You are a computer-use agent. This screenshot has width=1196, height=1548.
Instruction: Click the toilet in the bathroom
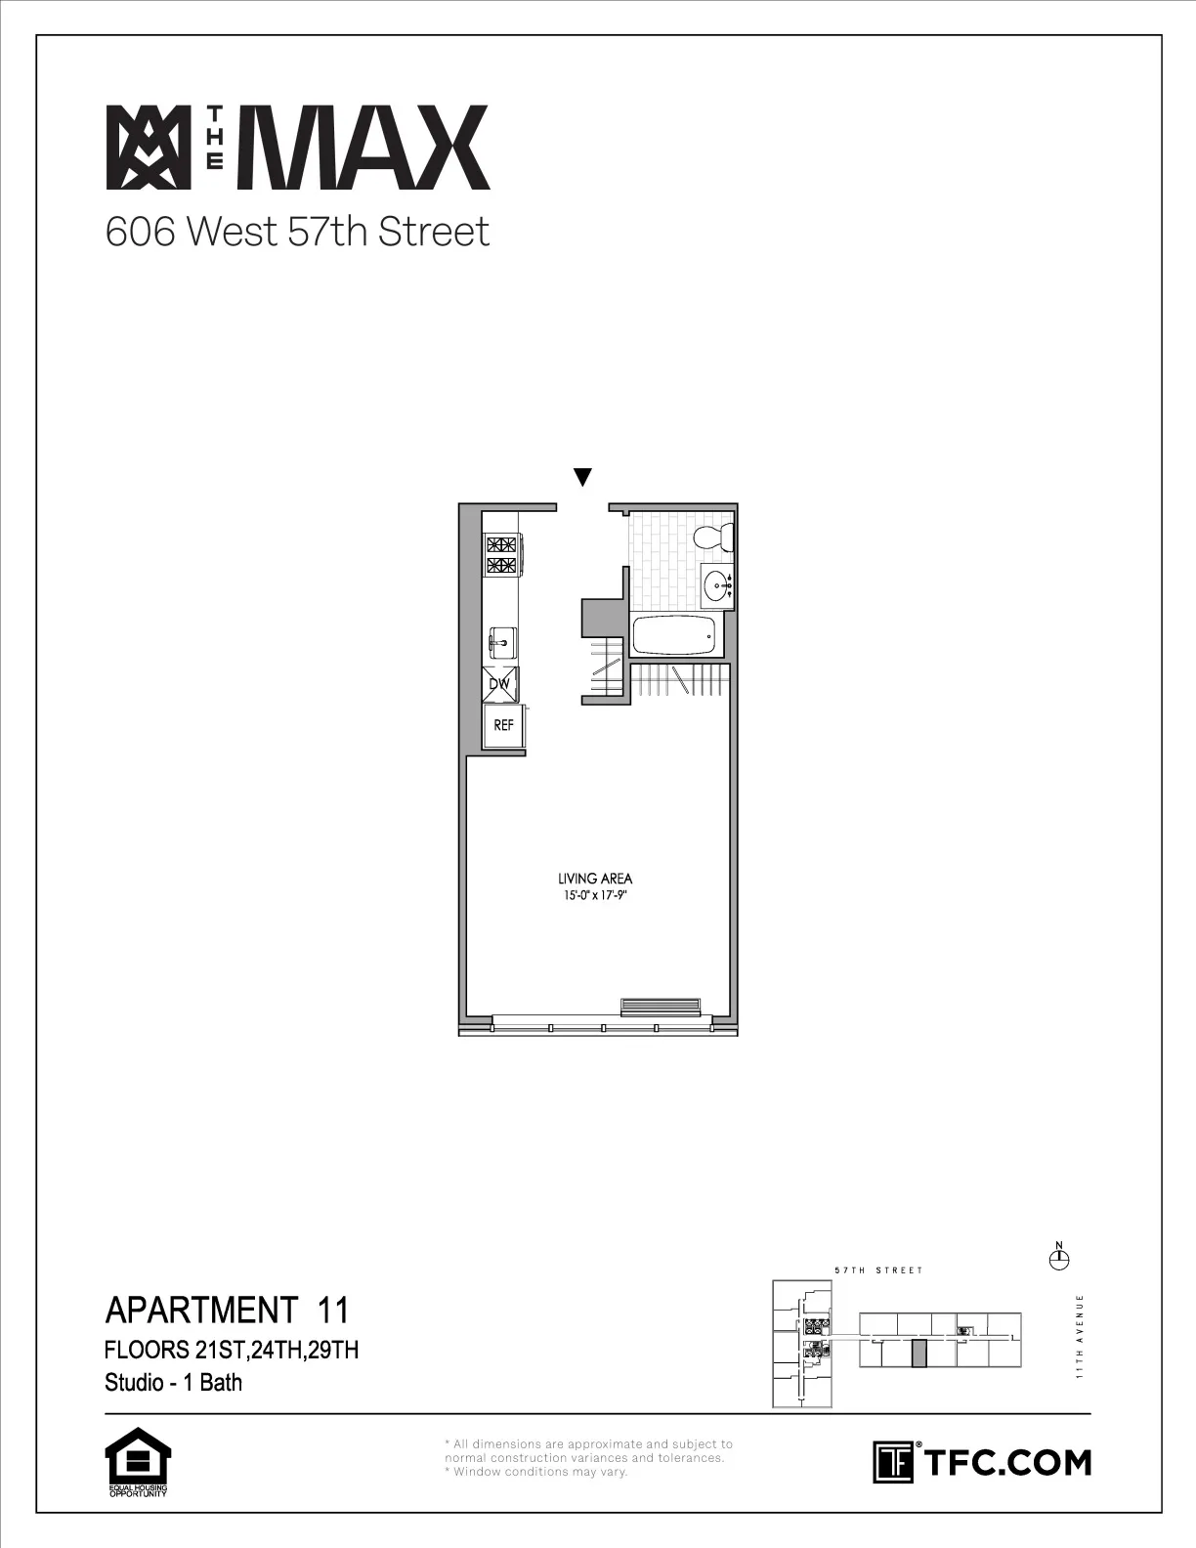pos(712,537)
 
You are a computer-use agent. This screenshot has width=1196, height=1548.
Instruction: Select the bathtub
pos(674,637)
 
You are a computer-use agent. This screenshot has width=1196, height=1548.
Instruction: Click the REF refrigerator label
pos(504,726)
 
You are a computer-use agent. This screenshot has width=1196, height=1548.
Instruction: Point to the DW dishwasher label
pos(500,685)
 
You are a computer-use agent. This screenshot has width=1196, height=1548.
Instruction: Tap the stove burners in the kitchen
pos(501,555)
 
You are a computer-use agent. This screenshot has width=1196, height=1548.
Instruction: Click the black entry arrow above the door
pos(582,478)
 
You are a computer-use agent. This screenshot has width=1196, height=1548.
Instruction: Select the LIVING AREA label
pos(595,879)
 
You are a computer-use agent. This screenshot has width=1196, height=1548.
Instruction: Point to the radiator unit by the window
pos(662,1007)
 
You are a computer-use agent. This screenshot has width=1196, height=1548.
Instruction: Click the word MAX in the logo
pos(370,148)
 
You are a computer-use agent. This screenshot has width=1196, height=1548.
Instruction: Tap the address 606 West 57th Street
pos(297,233)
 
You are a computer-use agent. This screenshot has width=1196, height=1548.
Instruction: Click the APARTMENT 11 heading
pos(226,1309)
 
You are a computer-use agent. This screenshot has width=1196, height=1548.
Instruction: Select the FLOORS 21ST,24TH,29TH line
pos(232,1352)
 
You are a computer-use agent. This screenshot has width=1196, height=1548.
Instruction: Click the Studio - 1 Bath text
pos(173,1383)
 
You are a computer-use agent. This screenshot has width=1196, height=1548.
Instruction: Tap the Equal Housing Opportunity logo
pos(138,1462)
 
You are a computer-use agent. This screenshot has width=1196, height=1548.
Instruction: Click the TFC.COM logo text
pos(1005,1462)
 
